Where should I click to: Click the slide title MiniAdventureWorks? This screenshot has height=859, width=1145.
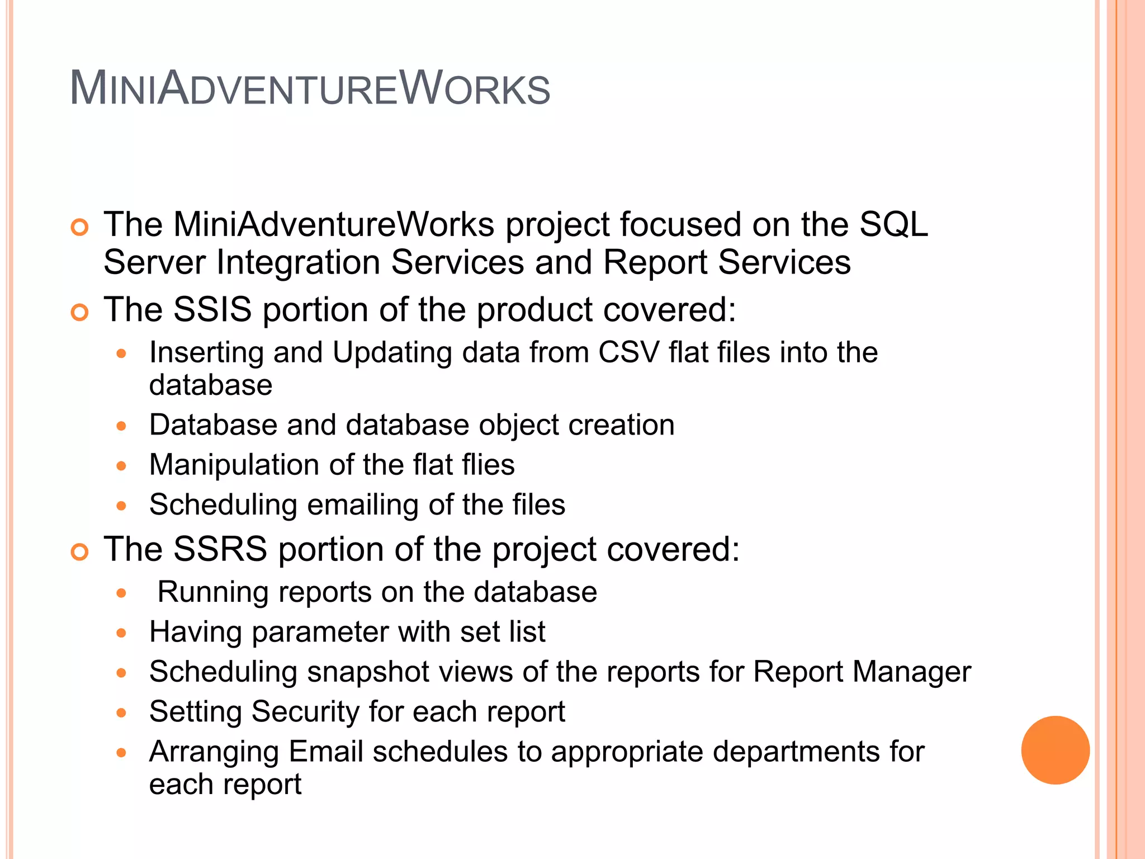310,88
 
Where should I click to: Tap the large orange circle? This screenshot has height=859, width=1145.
1055,750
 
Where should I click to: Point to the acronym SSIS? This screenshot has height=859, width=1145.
212,309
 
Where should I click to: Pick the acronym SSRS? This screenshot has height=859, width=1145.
220,549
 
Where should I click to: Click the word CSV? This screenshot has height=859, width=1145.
628,352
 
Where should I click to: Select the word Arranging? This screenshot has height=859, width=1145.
214,752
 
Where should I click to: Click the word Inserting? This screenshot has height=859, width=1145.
206,353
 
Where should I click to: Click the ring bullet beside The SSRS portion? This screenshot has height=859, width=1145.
80,552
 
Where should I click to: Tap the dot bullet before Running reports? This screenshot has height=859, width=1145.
121,593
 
